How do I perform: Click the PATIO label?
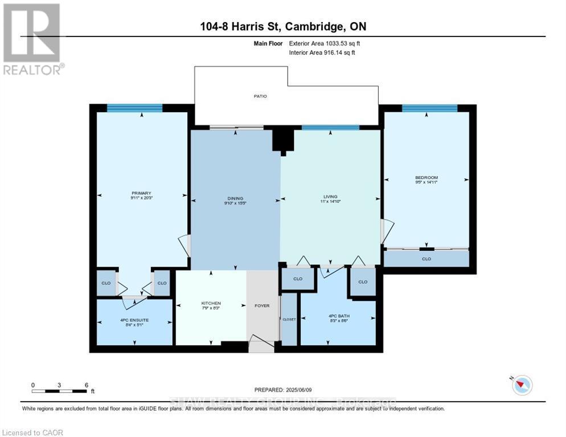point(260,96)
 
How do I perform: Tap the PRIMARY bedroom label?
point(141,193)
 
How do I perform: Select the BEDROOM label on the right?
point(426,178)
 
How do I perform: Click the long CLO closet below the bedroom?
point(426,259)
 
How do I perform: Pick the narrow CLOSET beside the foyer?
point(289,319)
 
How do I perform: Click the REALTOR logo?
point(32,39)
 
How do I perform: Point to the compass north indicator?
point(521,385)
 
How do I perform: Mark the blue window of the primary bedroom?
point(135,108)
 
